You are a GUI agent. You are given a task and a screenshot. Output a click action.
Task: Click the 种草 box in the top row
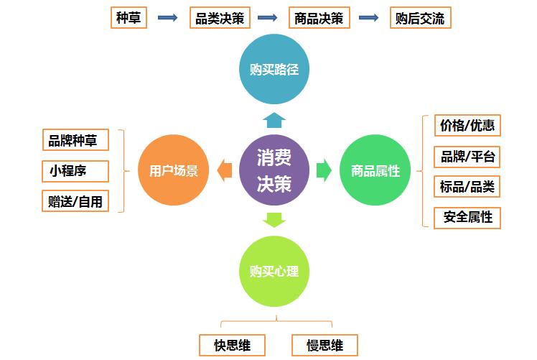pos(129,17)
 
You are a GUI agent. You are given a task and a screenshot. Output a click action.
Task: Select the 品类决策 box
pos(220,17)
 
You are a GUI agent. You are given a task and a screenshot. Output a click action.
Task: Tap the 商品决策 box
pos(319,17)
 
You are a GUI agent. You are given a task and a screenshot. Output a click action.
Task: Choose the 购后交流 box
pos(421,17)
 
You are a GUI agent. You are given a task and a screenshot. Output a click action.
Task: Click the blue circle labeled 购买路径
pos(274,69)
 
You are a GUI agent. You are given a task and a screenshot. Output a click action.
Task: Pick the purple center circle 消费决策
pos(274,170)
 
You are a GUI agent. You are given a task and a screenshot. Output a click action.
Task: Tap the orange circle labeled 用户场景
pos(173,170)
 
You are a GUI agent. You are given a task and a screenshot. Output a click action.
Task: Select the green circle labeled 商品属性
pos(375,170)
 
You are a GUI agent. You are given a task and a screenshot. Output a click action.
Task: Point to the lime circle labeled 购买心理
pos(274,271)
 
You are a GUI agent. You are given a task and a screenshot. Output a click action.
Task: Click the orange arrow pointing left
pos(224,170)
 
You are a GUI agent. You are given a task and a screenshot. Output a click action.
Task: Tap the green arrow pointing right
pos(324,170)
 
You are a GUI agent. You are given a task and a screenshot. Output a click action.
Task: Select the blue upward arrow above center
pos(274,120)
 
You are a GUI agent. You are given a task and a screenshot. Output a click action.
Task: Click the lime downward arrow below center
pos(274,220)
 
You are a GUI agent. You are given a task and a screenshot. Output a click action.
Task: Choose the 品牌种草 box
pos(75,140)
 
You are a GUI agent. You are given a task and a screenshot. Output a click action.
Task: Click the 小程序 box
pos(75,171)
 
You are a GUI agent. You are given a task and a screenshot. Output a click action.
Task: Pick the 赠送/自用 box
pos(75,201)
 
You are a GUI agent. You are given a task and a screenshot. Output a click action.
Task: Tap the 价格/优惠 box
pos(467,126)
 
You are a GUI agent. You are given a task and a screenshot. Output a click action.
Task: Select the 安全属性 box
pos(467,218)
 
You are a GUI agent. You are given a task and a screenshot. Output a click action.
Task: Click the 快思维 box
pos(232,345)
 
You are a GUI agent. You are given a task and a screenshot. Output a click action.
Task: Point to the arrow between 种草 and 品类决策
pos(168,17)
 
